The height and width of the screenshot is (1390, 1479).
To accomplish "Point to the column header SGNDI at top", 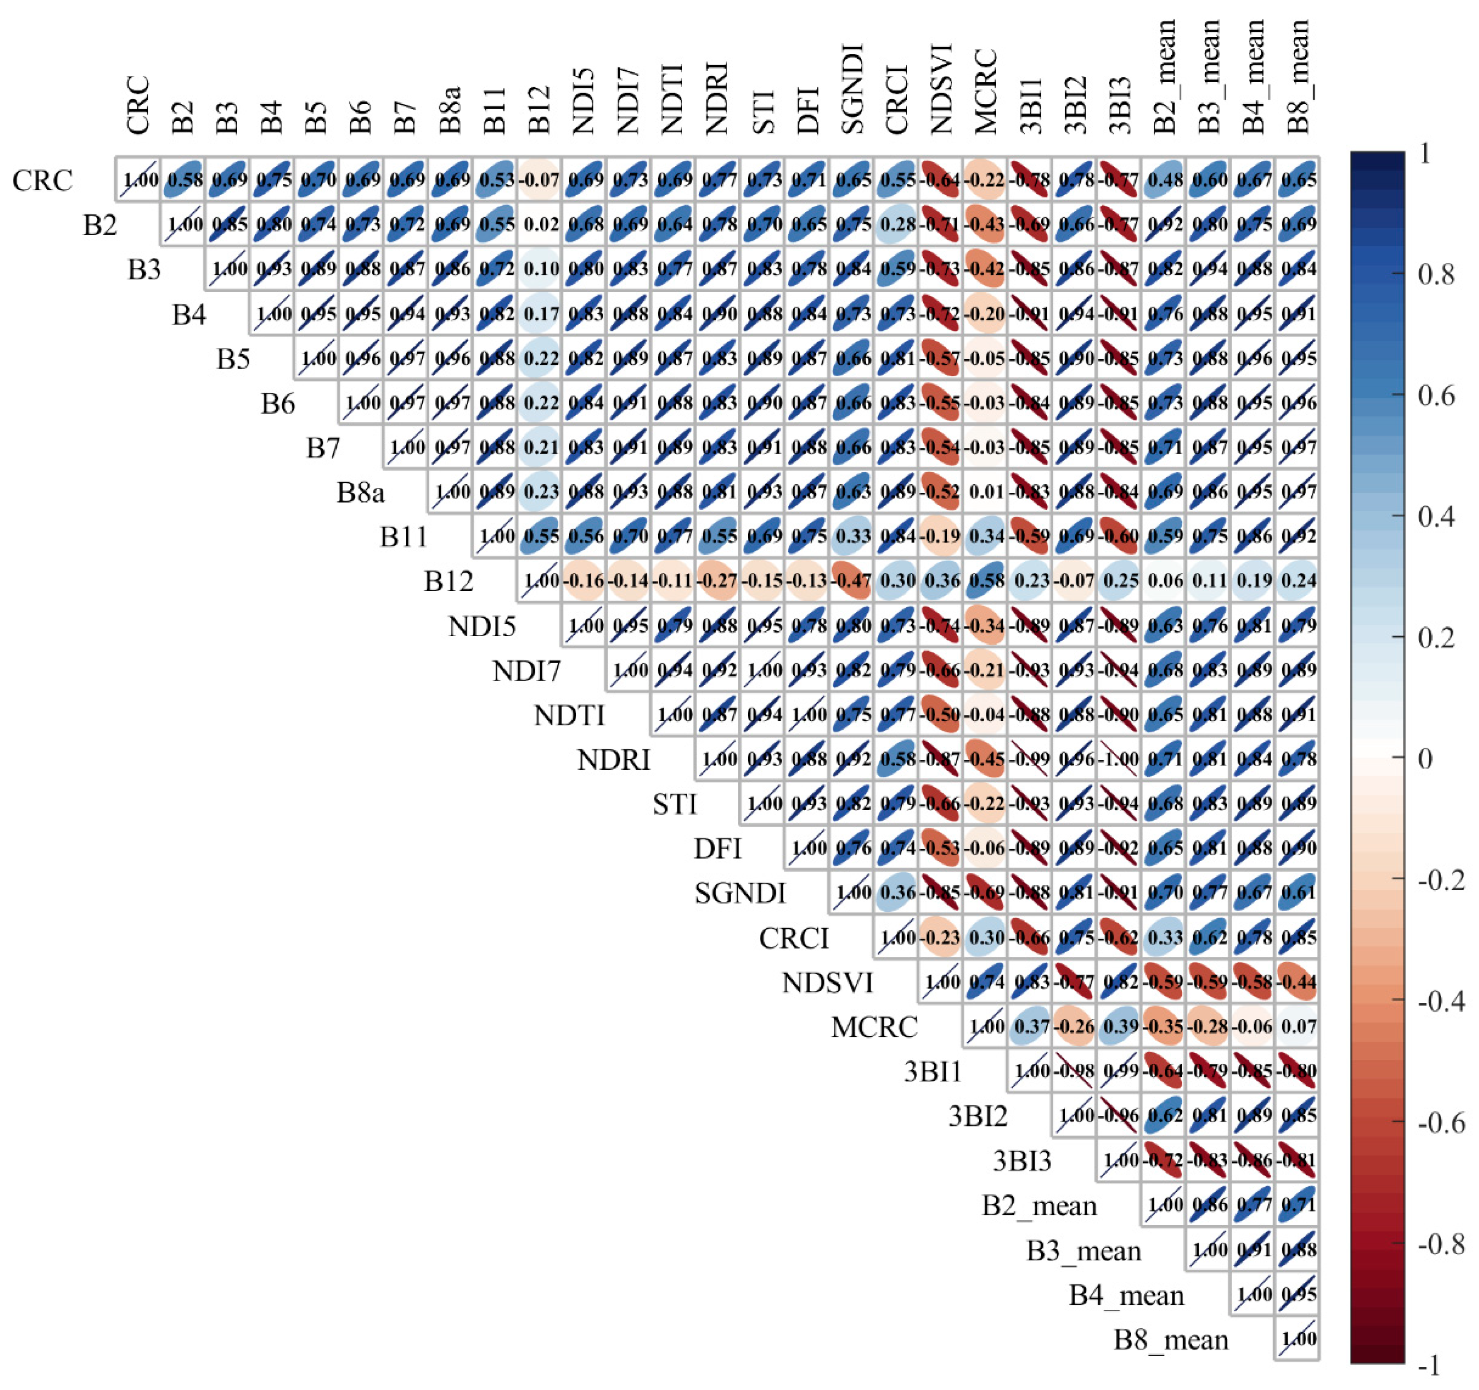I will (852, 89).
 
